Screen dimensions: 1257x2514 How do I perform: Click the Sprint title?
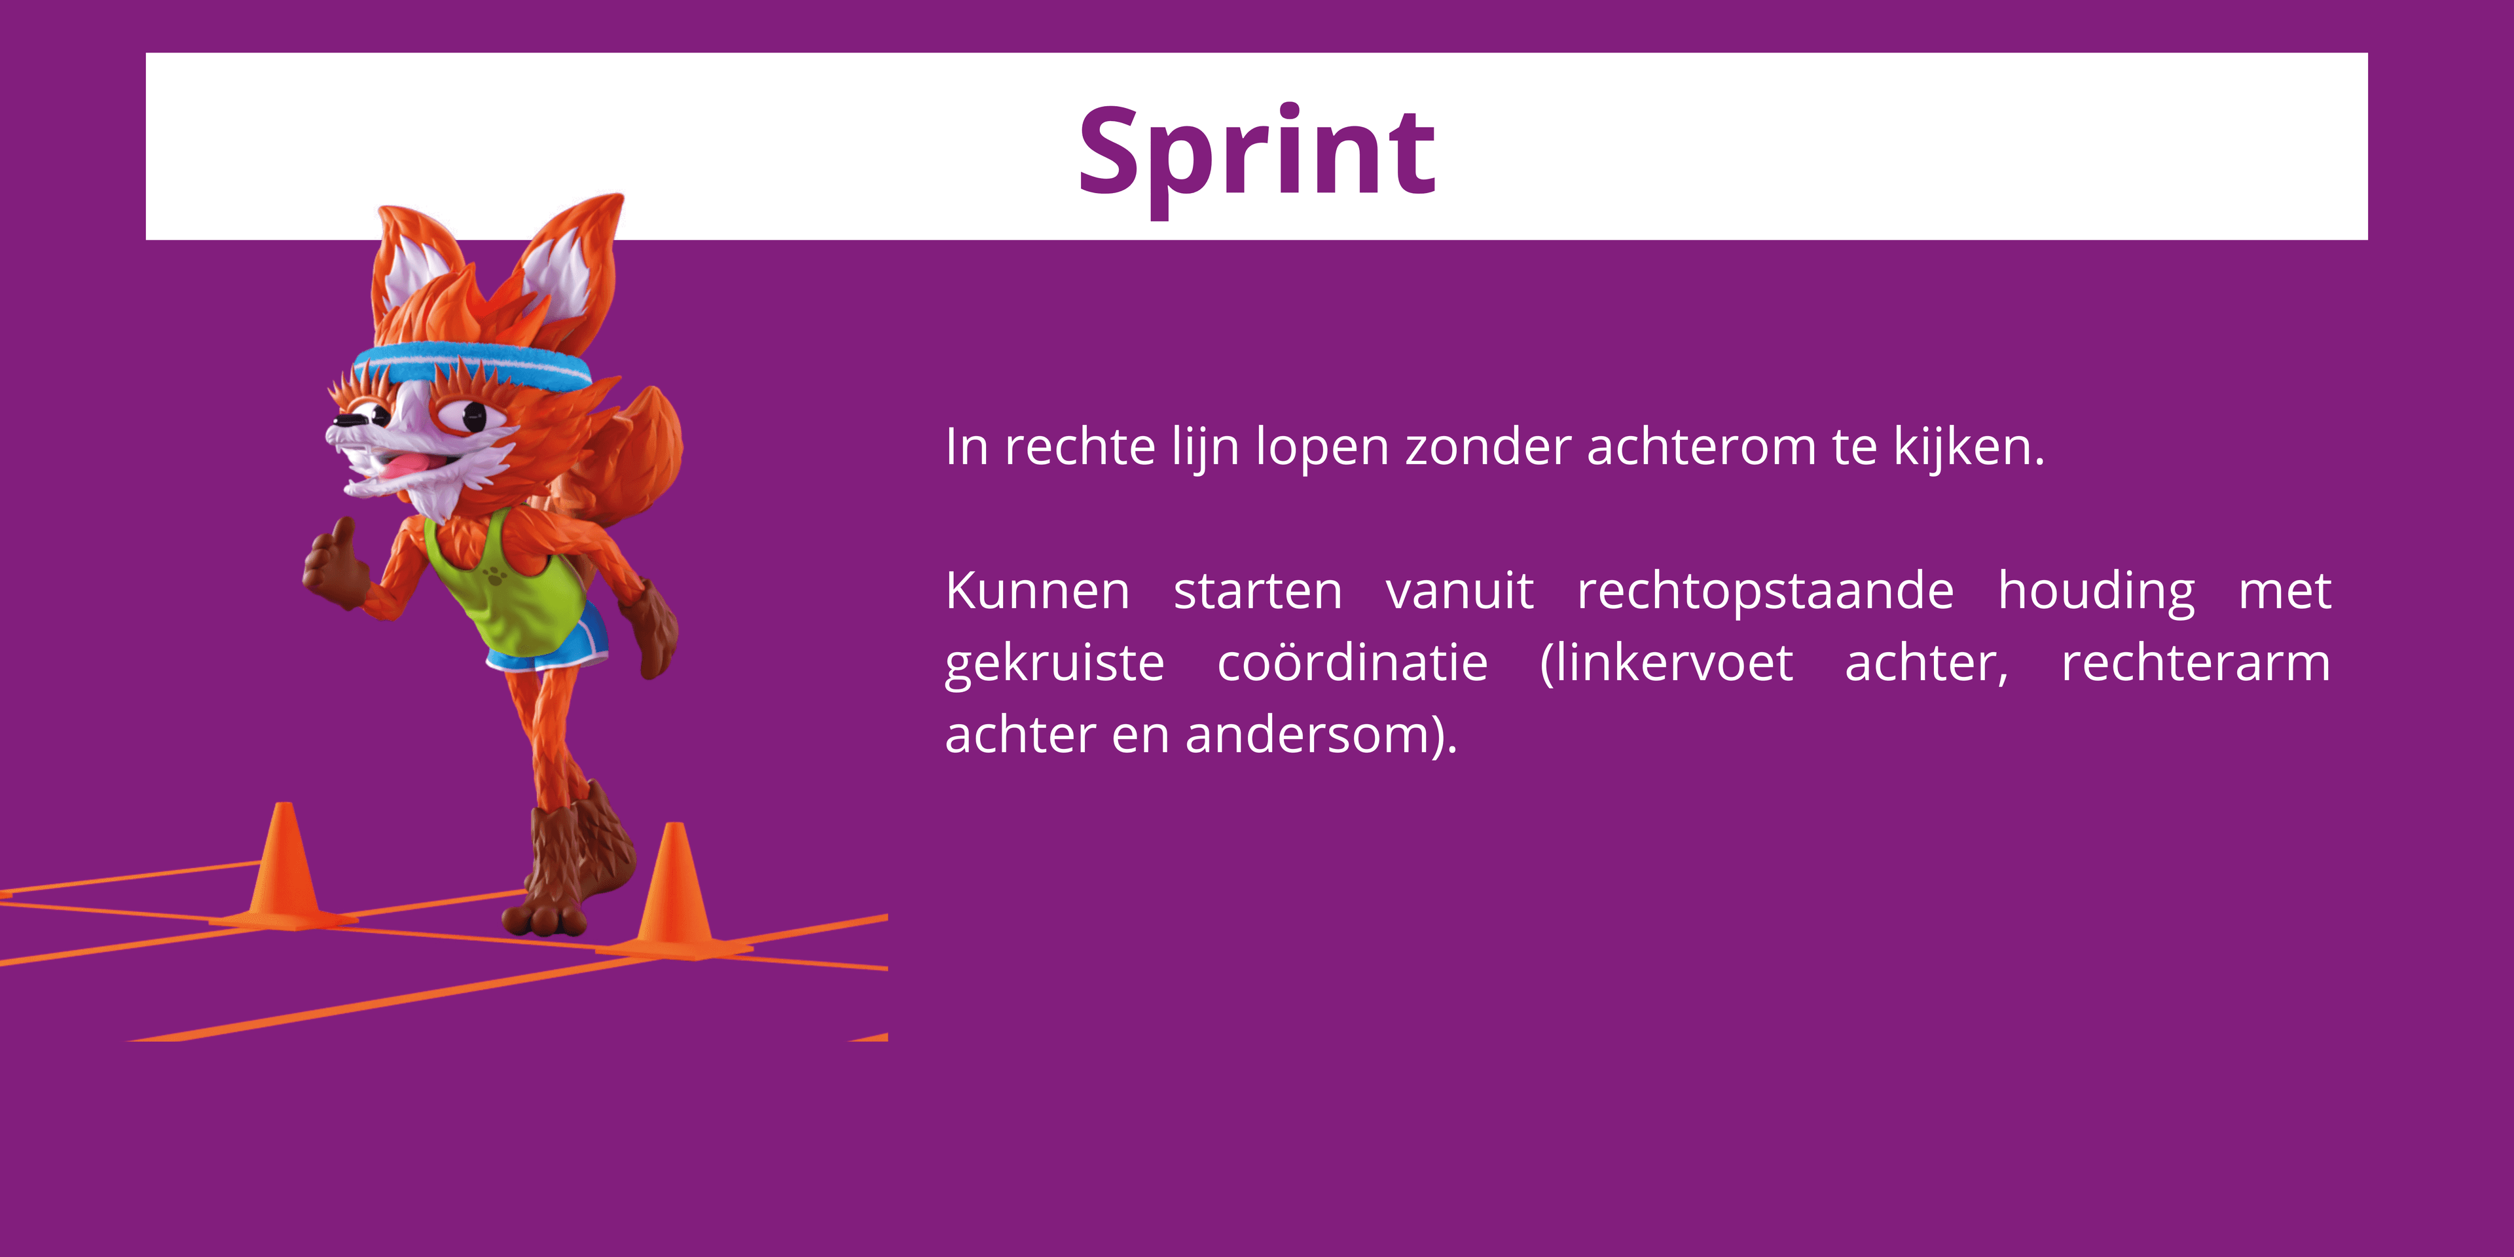click(1256, 151)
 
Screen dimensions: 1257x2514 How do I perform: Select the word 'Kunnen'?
click(1036, 591)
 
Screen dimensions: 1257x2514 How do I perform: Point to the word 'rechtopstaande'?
click(1764, 591)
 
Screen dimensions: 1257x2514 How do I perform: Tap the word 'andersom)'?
click(1317, 735)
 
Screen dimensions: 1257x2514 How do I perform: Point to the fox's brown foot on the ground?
click(547, 913)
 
